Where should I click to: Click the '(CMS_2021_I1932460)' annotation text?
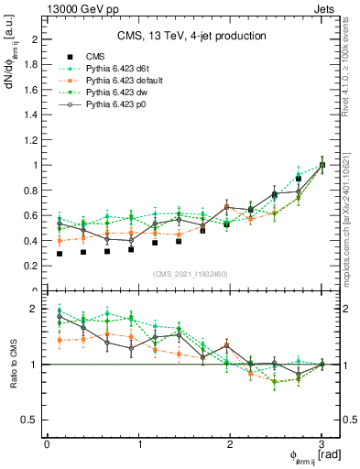191,274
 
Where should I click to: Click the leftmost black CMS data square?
60,254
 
